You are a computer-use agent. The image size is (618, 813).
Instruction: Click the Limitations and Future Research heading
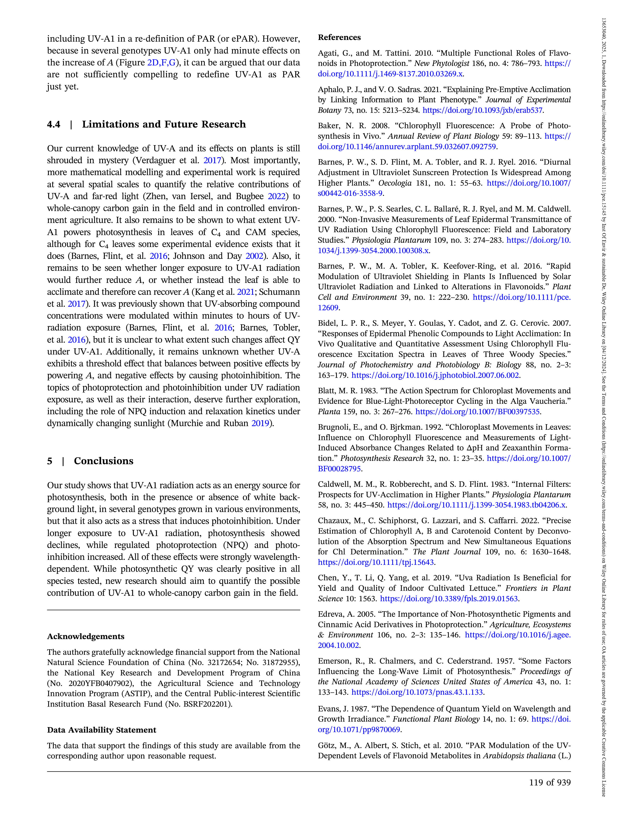pyautogui.click(x=164, y=124)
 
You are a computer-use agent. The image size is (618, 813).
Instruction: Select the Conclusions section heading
pyautogui.click(x=103, y=461)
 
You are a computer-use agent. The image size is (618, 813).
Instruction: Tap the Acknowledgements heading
pyautogui.click(x=86, y=636)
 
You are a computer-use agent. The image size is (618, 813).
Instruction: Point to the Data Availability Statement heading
pyautogui.click(x=101, y=730)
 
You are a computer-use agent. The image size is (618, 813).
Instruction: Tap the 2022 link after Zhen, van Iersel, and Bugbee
pyautogui.click(x=277, y=196)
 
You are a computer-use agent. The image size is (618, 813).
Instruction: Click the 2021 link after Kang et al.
pyautogui.click(x=246, y=292)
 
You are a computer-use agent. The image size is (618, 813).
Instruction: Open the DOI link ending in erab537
pyautogui.click(x=482, y=110)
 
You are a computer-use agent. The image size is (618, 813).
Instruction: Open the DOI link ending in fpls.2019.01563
pyautogui.click(x=449, y=599)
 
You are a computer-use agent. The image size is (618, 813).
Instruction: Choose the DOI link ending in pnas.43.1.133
pyautogui.click(x=417, y=692)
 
